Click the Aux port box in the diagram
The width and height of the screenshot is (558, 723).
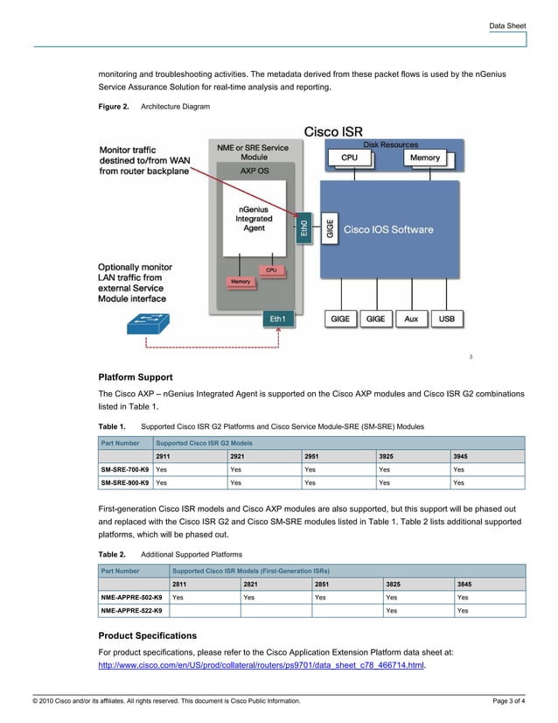click(411, 319)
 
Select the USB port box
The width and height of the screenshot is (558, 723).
click(446, 319)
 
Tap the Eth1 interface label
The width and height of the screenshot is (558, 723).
click(276, 319)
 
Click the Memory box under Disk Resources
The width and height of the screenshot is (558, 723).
click(425, 158)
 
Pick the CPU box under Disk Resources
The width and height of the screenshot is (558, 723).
click(349, 158)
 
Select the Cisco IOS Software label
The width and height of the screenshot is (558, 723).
click(388, 230)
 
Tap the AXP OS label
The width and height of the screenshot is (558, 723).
click(255, 171)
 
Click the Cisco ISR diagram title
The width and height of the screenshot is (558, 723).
click(333, 132)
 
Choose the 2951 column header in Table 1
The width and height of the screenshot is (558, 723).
click(311, 457)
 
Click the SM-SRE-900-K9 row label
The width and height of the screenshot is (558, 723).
click(124, 482)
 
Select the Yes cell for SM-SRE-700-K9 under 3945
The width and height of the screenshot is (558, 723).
click(459, 470)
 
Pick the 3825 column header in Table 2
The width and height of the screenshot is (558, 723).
click(394, 584)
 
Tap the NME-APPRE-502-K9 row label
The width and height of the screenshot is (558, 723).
click(131, 597)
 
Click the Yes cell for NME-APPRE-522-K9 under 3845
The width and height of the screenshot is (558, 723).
click(463, 611)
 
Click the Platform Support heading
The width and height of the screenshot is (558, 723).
click(141, 377)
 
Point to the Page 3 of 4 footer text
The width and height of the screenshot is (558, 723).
click(509, 701)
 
